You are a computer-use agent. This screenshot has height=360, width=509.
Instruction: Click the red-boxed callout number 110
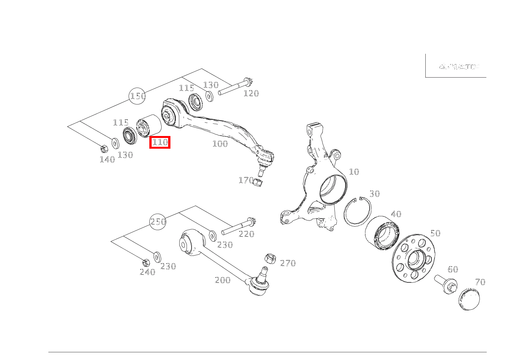pos(160,143)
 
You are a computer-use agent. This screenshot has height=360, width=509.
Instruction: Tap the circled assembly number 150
pos(138,96)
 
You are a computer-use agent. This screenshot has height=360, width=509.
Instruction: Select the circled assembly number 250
pos(158,222)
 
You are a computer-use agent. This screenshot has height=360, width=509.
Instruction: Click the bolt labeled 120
pos(235,88)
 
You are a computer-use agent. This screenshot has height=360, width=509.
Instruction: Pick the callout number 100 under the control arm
pos(220,144)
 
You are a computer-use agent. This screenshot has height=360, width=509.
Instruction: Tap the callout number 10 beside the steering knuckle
pos(354,172)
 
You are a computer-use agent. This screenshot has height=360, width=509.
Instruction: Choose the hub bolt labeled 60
pos(446,284)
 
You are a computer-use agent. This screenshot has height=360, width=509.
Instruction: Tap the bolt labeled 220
pos(238,227)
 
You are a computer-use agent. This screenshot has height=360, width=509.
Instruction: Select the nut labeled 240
pos(145,263)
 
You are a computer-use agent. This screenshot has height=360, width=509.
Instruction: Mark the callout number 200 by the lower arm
pos(223,280)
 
